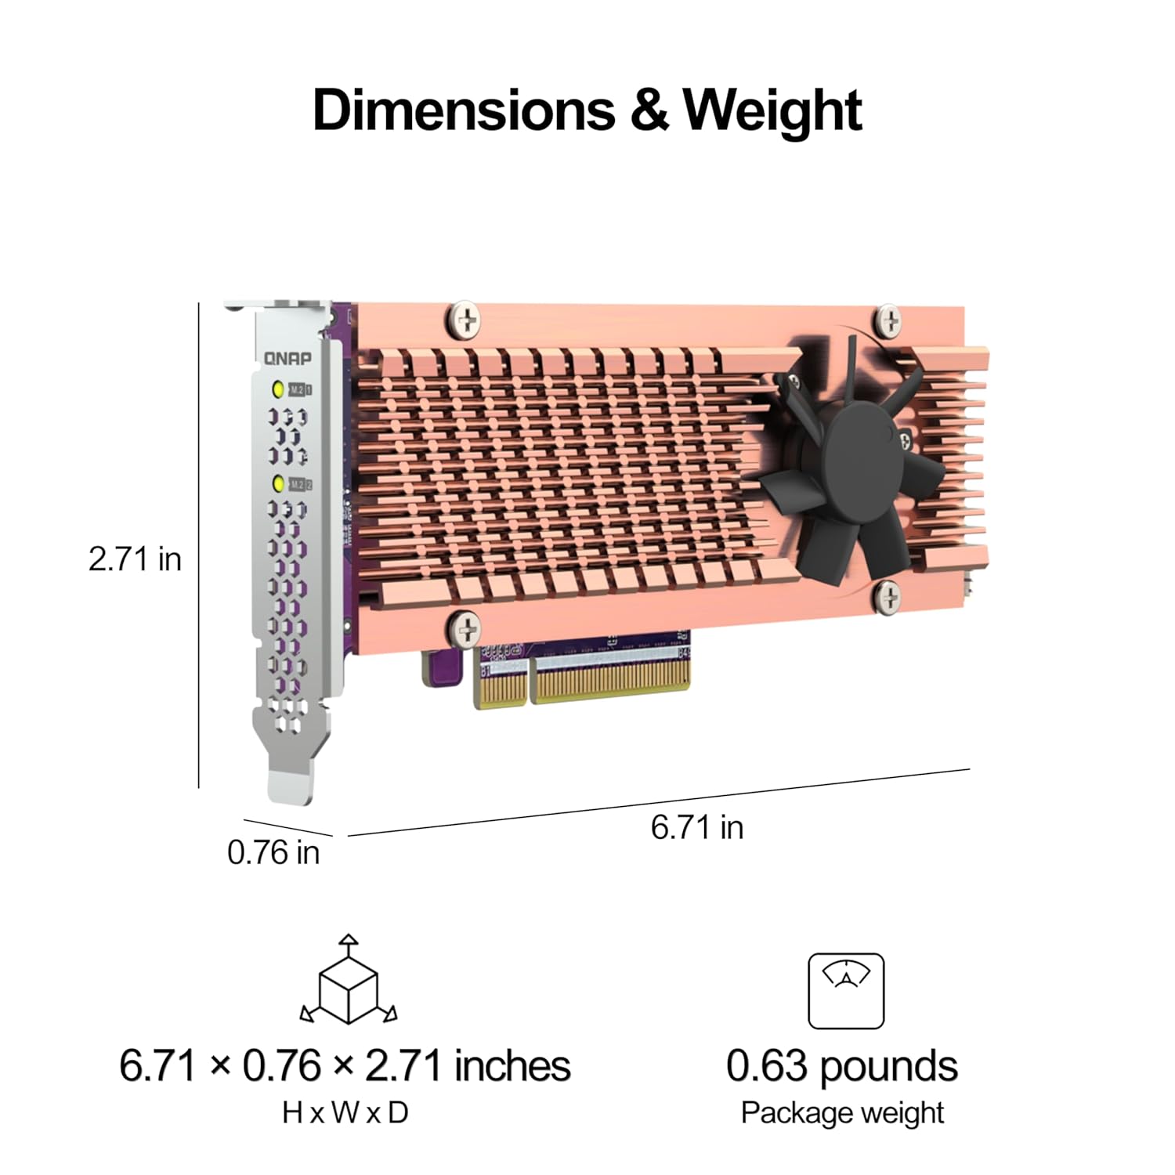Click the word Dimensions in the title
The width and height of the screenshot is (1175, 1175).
coord(464,110)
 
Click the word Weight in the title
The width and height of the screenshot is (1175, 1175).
coord(772,111)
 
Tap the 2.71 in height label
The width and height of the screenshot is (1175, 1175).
coord(135,559)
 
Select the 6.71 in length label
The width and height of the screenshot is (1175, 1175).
coord(697,827)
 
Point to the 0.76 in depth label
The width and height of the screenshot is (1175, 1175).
coord(273,852)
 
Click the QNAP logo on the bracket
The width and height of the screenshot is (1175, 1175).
coord(287,359)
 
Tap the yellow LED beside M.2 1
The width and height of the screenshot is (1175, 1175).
coord(277,389)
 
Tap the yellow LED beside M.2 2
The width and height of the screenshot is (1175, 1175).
coord(278,483)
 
